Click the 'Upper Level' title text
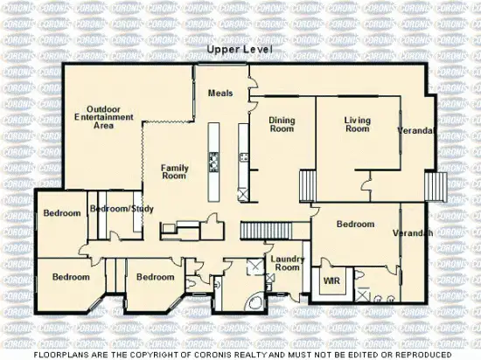[x=240, y=52]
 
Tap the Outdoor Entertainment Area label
[x=98, y=116]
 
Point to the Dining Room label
[x=281, y=124]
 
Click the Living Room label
[x=357, y=124]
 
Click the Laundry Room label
[x=286, y=263]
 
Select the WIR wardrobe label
[x=331, y=281]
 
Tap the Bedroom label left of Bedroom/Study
[x=61, y=213]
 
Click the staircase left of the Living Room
[x=307, y=186]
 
